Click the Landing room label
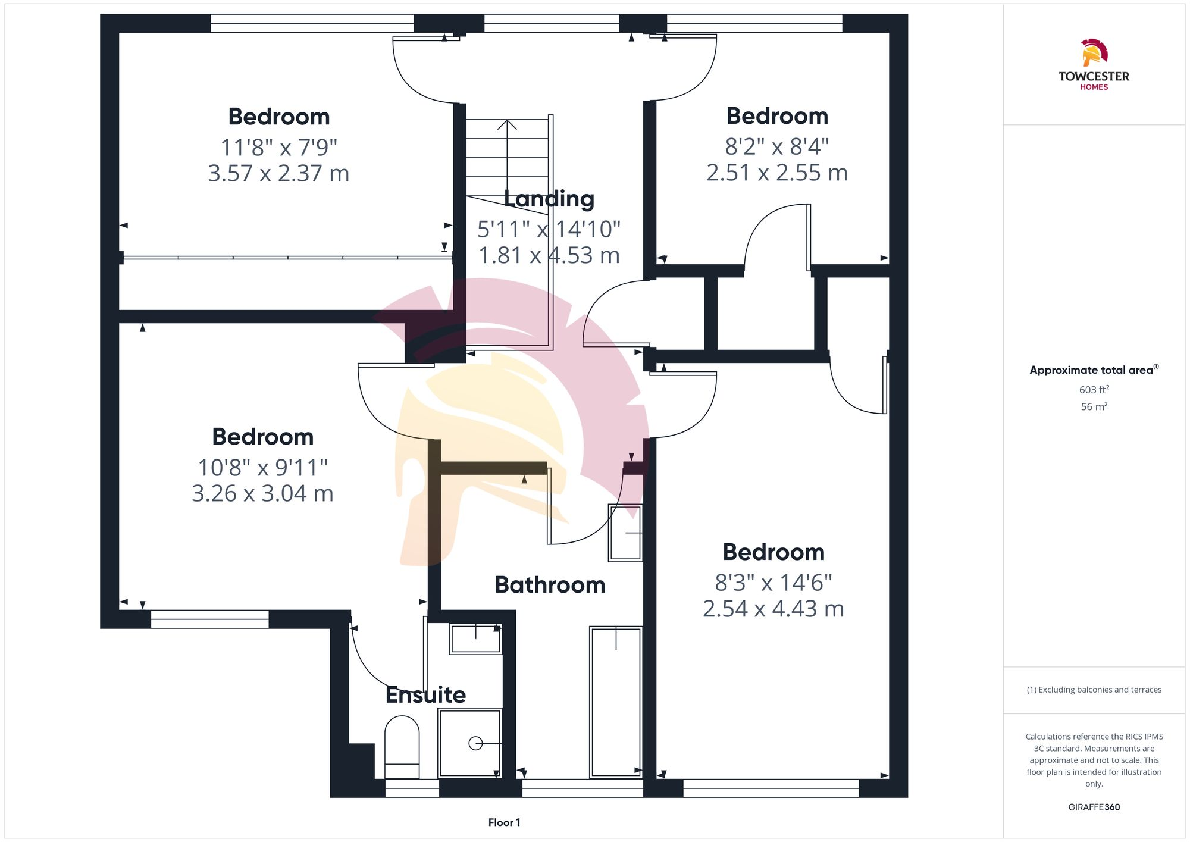549,199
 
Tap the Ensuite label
425,694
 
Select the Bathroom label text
550,585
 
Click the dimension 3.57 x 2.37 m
278,173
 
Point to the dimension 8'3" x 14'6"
773,583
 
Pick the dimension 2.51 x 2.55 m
776,173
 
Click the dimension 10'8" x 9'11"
262,467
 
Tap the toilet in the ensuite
402,747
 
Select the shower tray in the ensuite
469,743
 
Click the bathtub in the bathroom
616,702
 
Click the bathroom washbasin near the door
625,533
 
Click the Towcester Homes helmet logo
1094,53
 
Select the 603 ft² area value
1094,390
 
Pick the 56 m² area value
1094,407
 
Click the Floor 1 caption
504,822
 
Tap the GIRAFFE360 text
1094,807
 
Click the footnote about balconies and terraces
1094,690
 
